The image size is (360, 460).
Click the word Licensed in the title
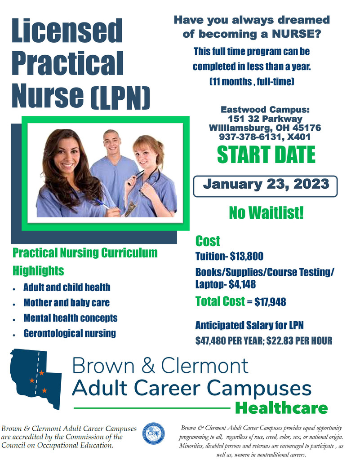67,31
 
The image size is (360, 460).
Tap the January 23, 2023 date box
265,186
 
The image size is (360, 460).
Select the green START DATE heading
266,155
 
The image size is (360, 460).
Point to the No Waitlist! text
266,212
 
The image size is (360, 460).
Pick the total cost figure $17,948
270,302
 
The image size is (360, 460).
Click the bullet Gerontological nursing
70,334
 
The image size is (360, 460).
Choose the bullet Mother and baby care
67,303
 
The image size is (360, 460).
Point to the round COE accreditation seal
153,433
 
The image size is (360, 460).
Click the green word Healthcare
281,408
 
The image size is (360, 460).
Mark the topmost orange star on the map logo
42,373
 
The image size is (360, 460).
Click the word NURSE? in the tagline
296,34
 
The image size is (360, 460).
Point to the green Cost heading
208,241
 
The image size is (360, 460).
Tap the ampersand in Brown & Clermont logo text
148,366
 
